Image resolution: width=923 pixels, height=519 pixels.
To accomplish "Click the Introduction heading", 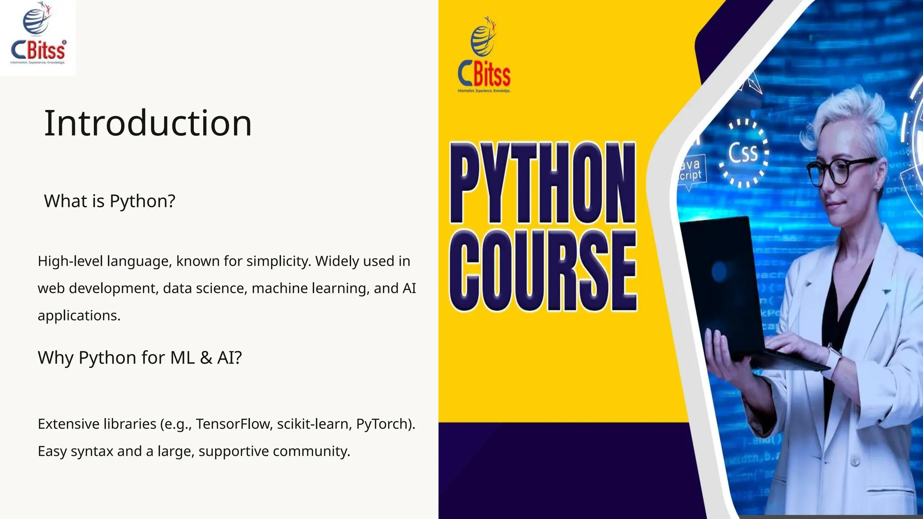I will [148, 123].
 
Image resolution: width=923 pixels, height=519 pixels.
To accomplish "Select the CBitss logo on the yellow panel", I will [484, 56].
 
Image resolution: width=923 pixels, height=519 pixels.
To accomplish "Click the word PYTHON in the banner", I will [543, 182].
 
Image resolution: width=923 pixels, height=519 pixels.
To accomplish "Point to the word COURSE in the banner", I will [543, 270].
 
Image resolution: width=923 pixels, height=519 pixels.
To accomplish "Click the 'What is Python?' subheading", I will [110, 201].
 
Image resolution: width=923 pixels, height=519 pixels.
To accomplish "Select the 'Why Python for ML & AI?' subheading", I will [140, 358].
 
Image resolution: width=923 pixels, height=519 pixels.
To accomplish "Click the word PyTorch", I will [384, 424].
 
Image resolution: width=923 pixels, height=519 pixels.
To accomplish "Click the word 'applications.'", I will [79, 315].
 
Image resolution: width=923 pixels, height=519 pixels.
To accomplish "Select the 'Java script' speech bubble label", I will [690, 169].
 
